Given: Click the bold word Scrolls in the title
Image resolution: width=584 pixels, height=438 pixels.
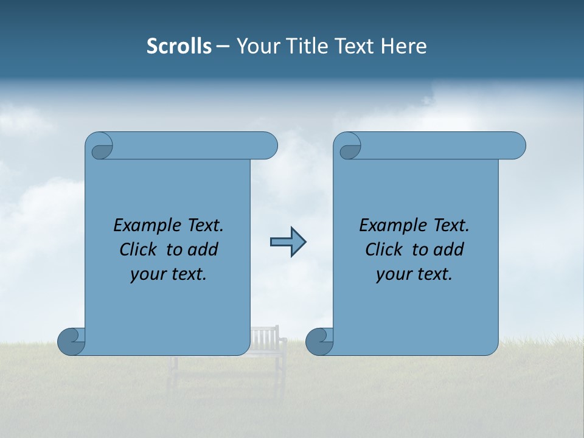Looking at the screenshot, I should (179, 46).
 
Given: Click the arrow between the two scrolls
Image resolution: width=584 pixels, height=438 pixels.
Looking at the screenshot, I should (288, 242).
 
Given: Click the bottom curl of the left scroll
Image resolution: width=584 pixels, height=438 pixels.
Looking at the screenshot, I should (72, 342).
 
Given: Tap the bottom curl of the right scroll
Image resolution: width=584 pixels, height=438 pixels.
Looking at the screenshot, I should (319, 342).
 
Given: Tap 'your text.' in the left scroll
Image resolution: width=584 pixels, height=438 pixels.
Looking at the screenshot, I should (168, 274).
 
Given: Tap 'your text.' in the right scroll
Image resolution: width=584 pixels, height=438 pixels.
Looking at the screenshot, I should (414, 274).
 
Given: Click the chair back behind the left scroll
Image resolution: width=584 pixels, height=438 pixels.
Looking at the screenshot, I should (265, 336).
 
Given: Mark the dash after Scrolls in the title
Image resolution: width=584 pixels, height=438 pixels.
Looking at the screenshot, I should (223, 46).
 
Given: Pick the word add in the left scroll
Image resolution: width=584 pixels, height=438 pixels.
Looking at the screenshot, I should (203, 250).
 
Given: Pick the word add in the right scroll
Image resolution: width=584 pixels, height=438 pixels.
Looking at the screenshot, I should (449, 250).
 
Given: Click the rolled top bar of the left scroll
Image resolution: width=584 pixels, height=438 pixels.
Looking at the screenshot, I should (189, 146).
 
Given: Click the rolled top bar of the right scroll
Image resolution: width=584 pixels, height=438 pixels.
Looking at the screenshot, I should (438, 146).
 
